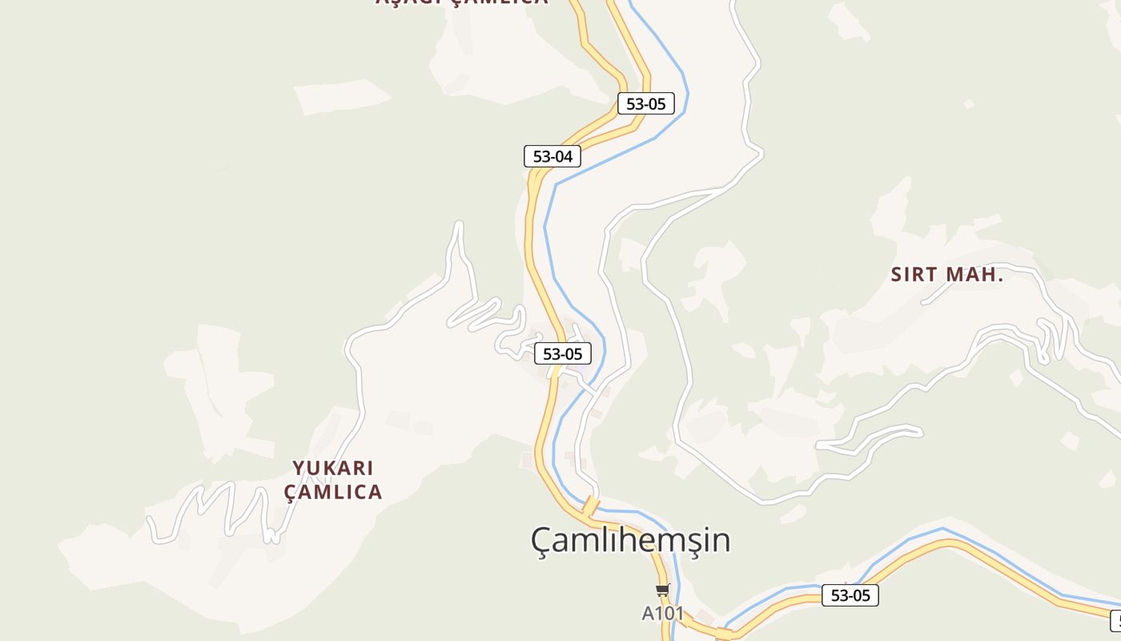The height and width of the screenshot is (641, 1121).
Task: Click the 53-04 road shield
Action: pos(552,156)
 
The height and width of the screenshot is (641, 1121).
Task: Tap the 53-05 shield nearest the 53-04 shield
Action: pos(645,103)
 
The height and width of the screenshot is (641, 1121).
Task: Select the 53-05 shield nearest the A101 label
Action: pos(850,595)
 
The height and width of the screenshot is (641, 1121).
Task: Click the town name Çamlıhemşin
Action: pos(630,540)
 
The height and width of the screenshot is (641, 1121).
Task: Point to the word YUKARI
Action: pos(333,468)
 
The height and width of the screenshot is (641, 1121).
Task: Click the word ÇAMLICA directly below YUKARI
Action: pos(333,492)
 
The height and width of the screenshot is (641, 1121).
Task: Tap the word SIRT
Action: pos(914,274)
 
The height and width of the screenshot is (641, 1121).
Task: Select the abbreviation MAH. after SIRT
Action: pos(974,274)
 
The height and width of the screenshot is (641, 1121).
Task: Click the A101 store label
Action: pos(663,614)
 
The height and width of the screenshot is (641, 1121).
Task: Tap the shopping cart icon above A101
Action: pos(662,591)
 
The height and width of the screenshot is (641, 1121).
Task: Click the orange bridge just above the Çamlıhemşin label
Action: pos(590,506)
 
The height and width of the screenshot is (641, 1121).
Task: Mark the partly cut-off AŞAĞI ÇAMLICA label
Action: pos(462,2)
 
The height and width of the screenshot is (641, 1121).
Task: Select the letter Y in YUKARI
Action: pos(299,468)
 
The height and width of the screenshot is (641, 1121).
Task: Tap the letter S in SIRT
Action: pos(898,274)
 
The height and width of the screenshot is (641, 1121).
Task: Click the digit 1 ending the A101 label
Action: pos(680,614)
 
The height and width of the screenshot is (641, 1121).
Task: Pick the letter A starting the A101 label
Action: pos(648,614)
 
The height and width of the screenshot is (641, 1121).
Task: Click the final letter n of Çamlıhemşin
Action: pos(721,541)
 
